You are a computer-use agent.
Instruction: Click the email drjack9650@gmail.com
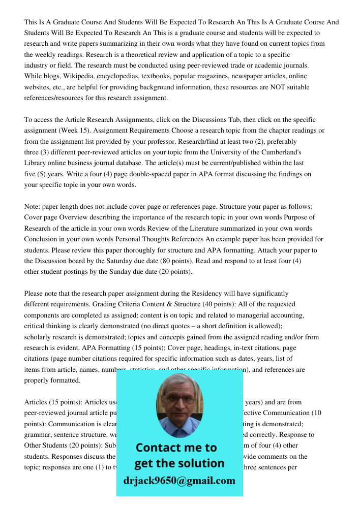tap(179, 481)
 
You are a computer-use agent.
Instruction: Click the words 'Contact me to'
tap(176, 448)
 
